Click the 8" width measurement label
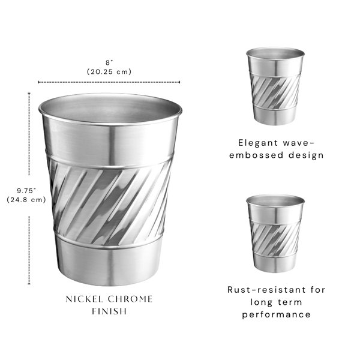[109, 62]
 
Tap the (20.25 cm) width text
[109, 71]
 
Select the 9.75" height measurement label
[26, 191]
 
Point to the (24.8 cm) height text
[26, 200]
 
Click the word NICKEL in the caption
[84, 299]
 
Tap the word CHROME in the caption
[130, 299]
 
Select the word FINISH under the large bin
[109, 311]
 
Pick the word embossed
[256, 155]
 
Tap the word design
[306, 155]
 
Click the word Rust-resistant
[266, 290]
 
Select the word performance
[277, 314]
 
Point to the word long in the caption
[260, 302]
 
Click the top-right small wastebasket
[275, 86]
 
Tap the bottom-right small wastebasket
[275, 233]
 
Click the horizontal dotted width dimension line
[109, 82]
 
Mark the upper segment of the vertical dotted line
[29, 134]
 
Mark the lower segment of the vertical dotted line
[29, 250]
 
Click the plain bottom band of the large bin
[109, 264]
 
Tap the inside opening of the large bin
[110, 107]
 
